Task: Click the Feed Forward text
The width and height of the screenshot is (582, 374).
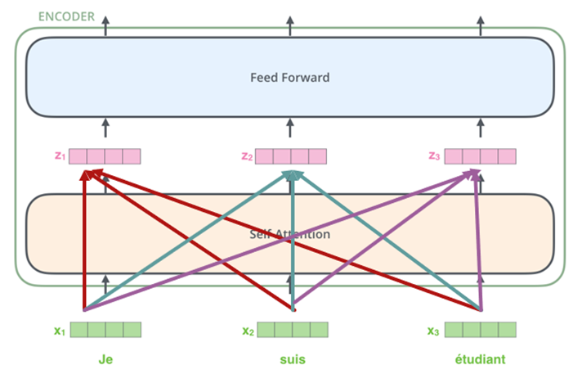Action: click(289, 78)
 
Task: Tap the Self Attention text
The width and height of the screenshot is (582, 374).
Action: click(289, 235)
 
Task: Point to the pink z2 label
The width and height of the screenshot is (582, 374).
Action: click(247, 155)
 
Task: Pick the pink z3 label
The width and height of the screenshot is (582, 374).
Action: click(434, 155)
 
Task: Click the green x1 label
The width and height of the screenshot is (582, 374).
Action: click(59, 331)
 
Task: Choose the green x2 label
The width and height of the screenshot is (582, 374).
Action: click(247, 331)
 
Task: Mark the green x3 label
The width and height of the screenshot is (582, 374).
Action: click(434, 331)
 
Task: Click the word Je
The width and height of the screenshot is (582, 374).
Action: click(105, 359)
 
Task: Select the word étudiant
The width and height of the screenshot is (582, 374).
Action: click(480, 359)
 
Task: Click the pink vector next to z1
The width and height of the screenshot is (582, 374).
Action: click(105, 155)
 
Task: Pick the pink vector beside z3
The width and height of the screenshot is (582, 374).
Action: click(481, 155)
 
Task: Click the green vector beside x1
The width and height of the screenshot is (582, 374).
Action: click(105, 330)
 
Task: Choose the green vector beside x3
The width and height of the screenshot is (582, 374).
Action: click(481, 330)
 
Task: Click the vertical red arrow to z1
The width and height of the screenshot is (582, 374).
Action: click(84, 246)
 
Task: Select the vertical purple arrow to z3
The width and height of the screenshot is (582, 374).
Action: click(479, 246)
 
